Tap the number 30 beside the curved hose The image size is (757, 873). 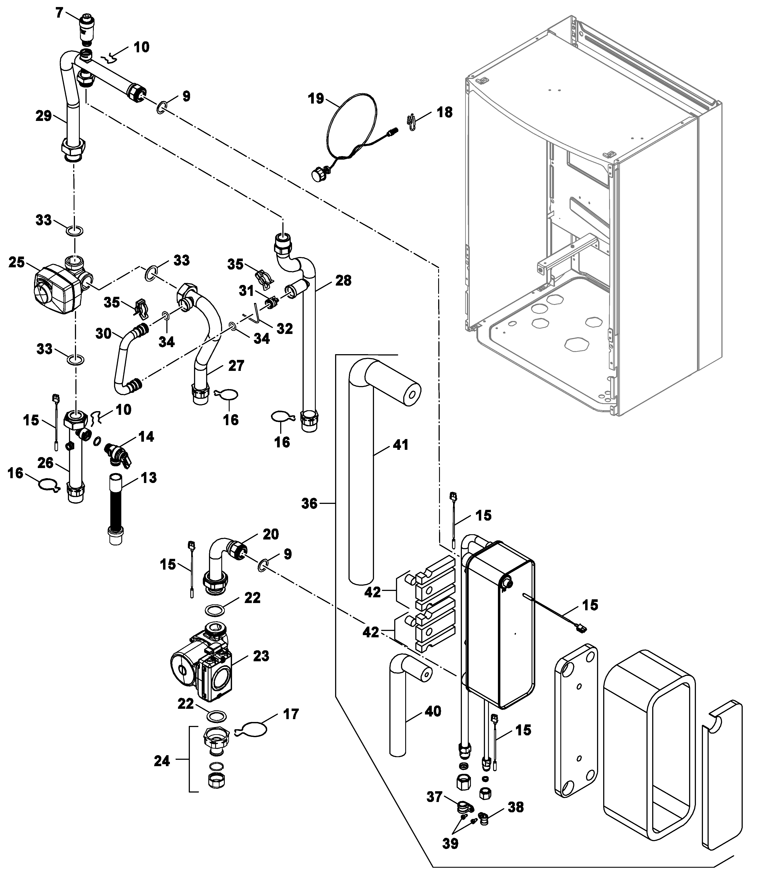(103, 334)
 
